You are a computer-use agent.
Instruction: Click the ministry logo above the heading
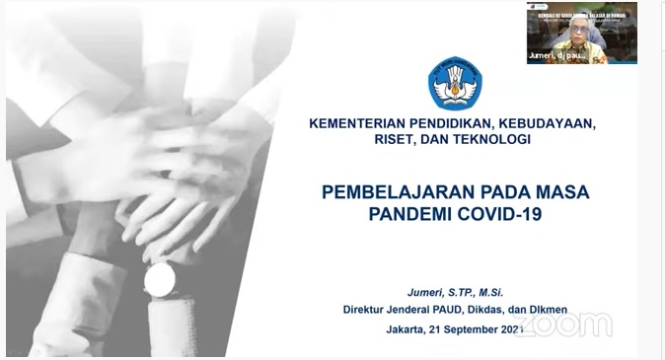coord(455,83)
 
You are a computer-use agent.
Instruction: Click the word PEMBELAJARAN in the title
coord(390,191)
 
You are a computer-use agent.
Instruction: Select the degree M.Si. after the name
coord(498,293)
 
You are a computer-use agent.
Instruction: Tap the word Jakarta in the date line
coord(410,329)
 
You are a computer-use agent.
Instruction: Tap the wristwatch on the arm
coord(159,279)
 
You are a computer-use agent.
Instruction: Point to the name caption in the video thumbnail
coord(557,56)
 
